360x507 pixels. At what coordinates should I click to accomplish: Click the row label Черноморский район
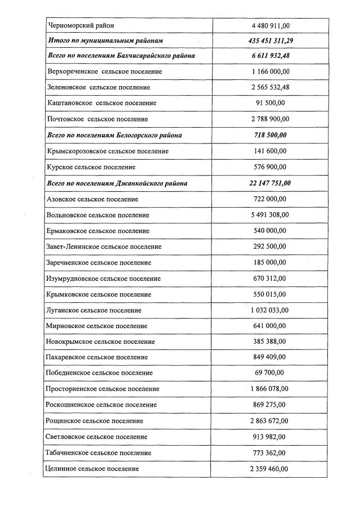point(81,26)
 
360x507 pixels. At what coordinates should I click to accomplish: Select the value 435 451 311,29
point(270,41)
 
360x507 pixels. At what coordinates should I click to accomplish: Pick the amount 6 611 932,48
point(270,57)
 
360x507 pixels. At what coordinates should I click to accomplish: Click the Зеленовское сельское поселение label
point(98,88)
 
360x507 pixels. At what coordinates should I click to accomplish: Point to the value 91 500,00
point(270,104)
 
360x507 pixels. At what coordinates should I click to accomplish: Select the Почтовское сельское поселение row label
point(97,119)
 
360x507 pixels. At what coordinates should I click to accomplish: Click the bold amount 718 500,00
point(270,136)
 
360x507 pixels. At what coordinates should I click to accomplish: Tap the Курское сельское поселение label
point(91,167)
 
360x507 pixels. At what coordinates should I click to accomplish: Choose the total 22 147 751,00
point(270,183)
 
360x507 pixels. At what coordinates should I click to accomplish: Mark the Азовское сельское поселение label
point(92,199)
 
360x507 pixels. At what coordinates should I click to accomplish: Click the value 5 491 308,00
point(270,215)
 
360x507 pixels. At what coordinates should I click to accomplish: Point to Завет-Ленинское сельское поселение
point(104,246)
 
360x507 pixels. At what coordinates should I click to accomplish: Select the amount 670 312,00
point(270,279)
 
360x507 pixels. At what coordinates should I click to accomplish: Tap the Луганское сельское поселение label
point(94,310)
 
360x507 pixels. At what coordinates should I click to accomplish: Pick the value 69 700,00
point(270,373)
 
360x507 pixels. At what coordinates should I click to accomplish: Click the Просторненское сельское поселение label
point(103,389)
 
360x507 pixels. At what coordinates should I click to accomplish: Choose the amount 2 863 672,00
point(270,421)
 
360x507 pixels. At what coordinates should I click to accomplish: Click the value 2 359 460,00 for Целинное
point(270,469)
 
